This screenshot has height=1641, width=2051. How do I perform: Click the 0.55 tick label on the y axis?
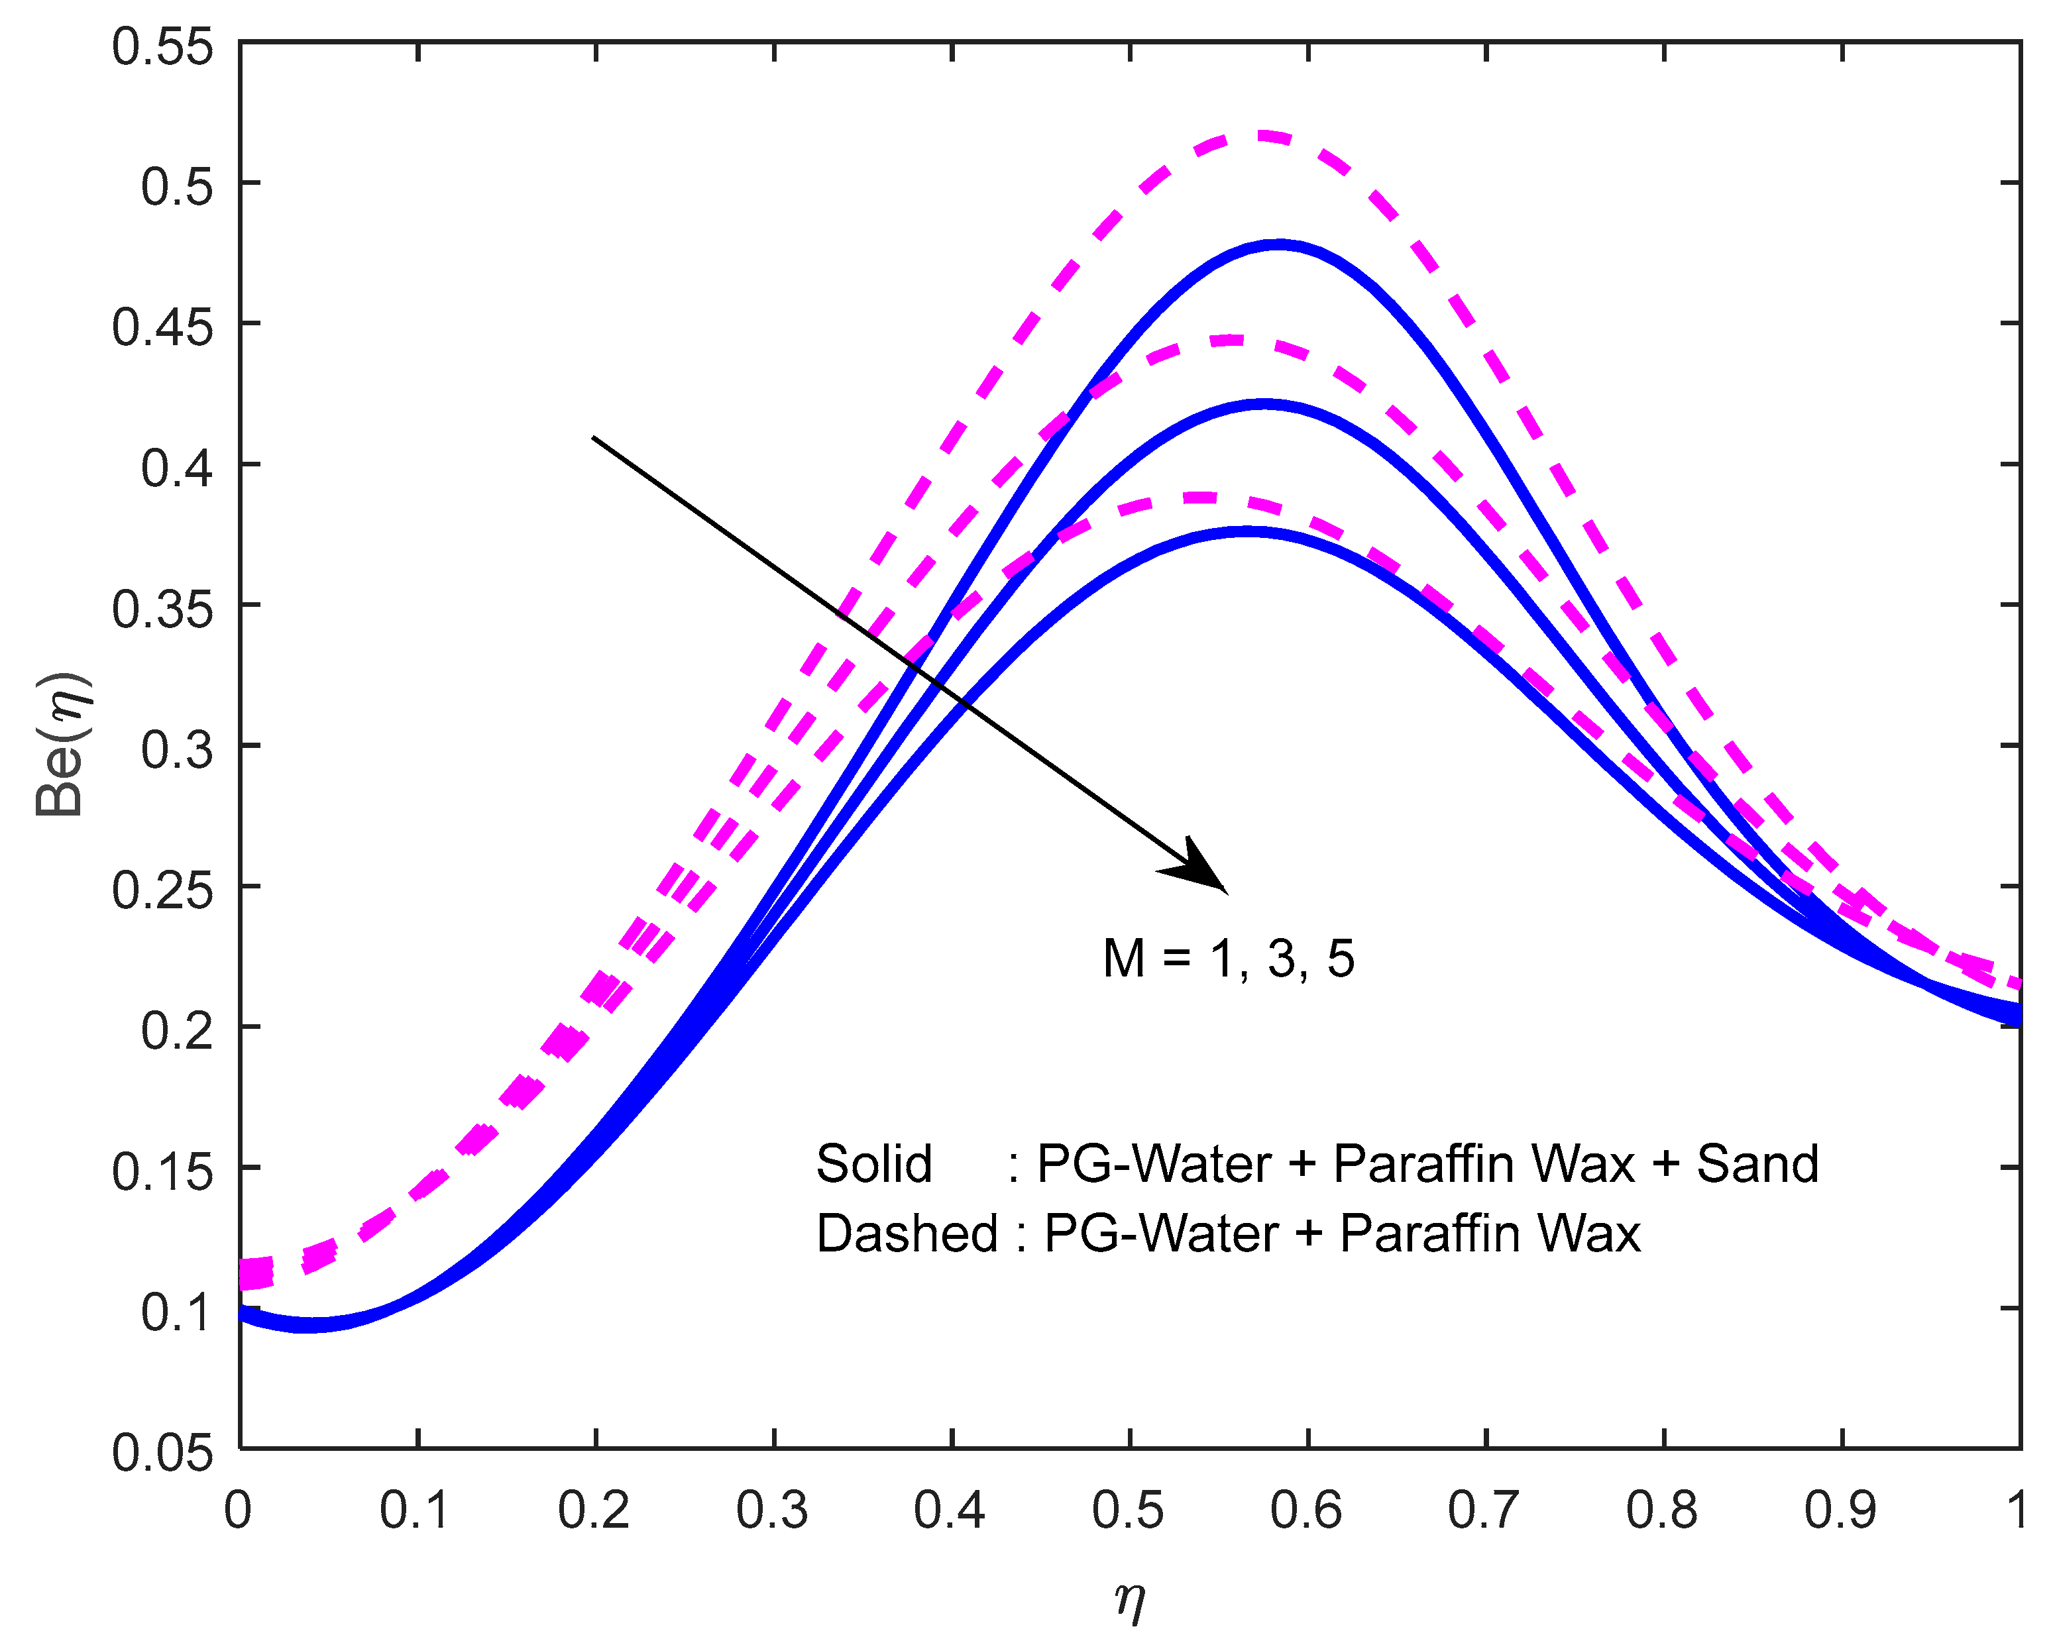[x=162, y=48]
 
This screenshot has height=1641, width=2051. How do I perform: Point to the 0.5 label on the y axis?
[x=177, y=187]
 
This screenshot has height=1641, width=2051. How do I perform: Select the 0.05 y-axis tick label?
[x=162, y=1453]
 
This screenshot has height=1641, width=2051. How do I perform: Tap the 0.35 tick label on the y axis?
[x=162, y=609]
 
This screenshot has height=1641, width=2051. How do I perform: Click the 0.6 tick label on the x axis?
[x=1305, y=1510]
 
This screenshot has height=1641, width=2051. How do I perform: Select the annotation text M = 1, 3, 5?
[x=1228, y=958]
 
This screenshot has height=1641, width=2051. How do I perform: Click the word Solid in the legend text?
[x=873, y=1163]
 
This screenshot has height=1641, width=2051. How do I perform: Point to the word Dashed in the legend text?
[x=907, y=1234]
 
